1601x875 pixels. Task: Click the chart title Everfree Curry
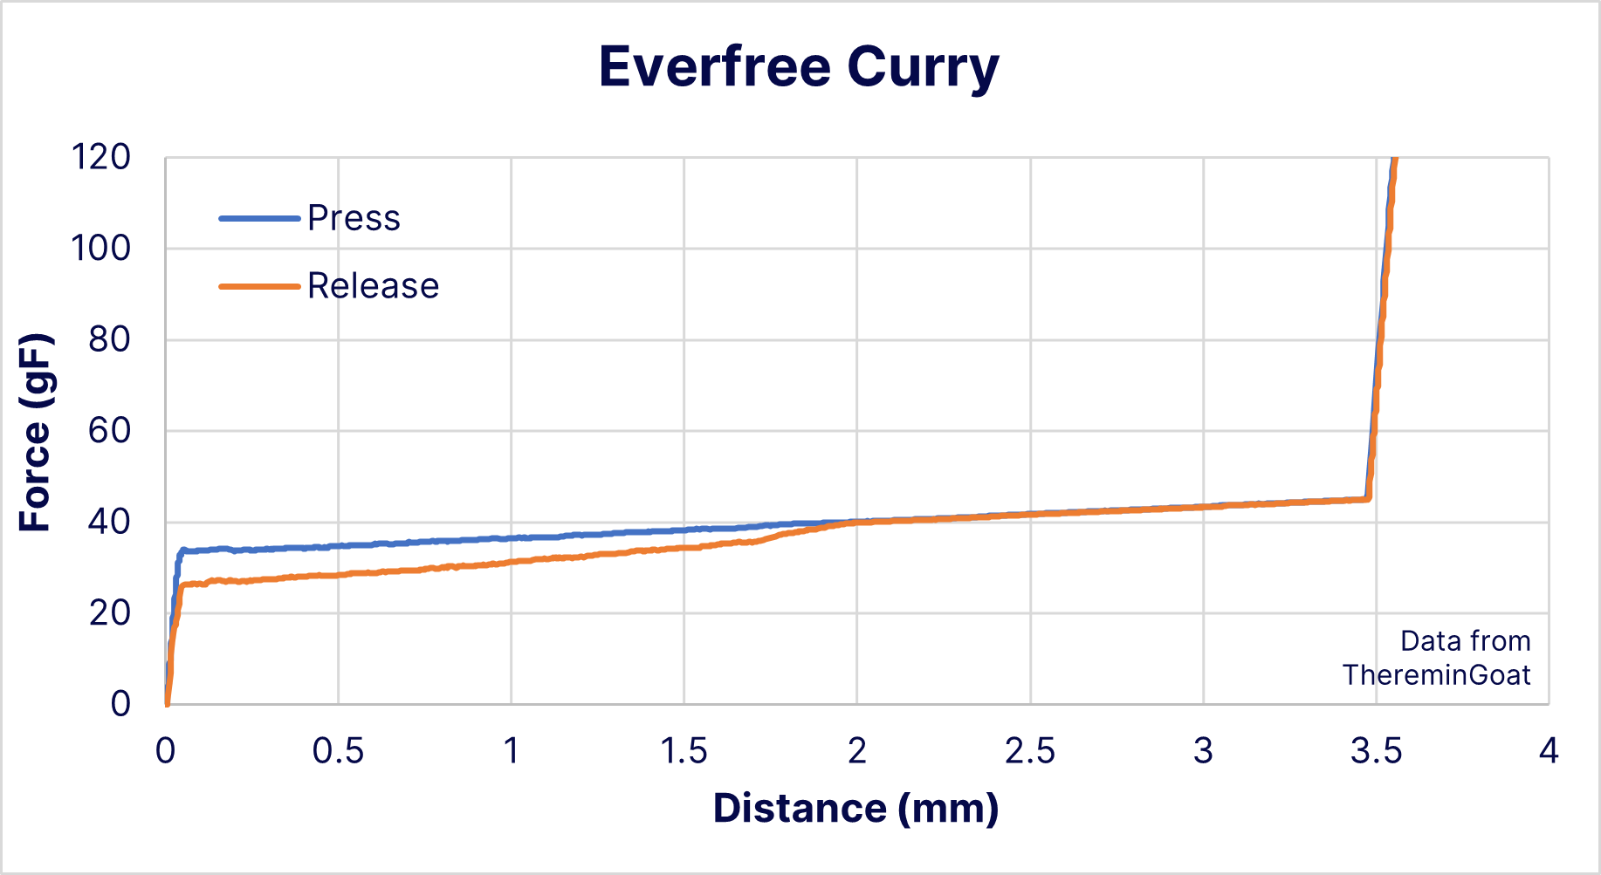[x=799, y=67]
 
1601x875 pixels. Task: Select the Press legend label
[x=354, y=218]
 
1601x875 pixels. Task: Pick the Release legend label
[x=373, y=286]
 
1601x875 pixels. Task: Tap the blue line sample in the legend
[x=259, y=218]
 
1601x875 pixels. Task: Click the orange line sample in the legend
[x=259, y=286]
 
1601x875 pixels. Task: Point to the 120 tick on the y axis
[x=100, y=158]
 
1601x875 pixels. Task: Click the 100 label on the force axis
[x=100, y=249]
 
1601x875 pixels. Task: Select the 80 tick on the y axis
[x=109, y=339]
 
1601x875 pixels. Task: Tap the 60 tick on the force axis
[x=109, y=431]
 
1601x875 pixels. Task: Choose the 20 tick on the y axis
[x=109, y=613]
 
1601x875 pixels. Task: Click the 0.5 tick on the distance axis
[x=338, y=751]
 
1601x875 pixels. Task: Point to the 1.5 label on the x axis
[x=684, y=751]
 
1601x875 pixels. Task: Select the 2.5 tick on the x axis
[x=1030, y=751]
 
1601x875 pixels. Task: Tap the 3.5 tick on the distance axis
[x=1376, y=751]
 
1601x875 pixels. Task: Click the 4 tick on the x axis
[x=1549, y=751]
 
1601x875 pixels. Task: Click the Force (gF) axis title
[x=36, y=432]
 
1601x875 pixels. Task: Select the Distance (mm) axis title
[x=855, y=809]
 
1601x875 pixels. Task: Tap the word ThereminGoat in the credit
[x=1436, y=675]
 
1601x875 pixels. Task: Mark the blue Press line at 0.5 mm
[x=339, y=546]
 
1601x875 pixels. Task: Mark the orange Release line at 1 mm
[x=511, y=563]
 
